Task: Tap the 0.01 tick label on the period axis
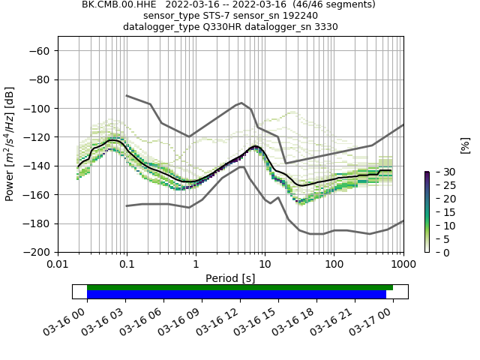(58, 265)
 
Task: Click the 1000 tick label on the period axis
(403, 265)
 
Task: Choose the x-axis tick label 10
(265, 265)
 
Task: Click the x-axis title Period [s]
(230, 278)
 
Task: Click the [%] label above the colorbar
(465, 145)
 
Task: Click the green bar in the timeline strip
(240, 287)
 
